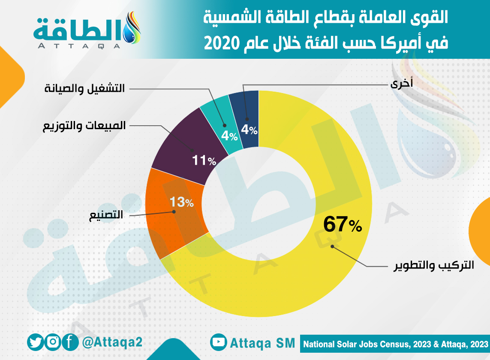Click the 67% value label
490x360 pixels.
pyautogui.click(x=343, y=224)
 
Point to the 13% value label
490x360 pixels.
pyautogui.click(x=182, y=202)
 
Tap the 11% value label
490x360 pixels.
pyautogui.click(x=204, y=161)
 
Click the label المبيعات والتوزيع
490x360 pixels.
pyautogui.click(x=84, y=126)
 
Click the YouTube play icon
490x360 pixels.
pyautogui.click(x=219, y=342)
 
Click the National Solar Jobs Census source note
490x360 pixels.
pyautogui.click(x=396, y=344)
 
